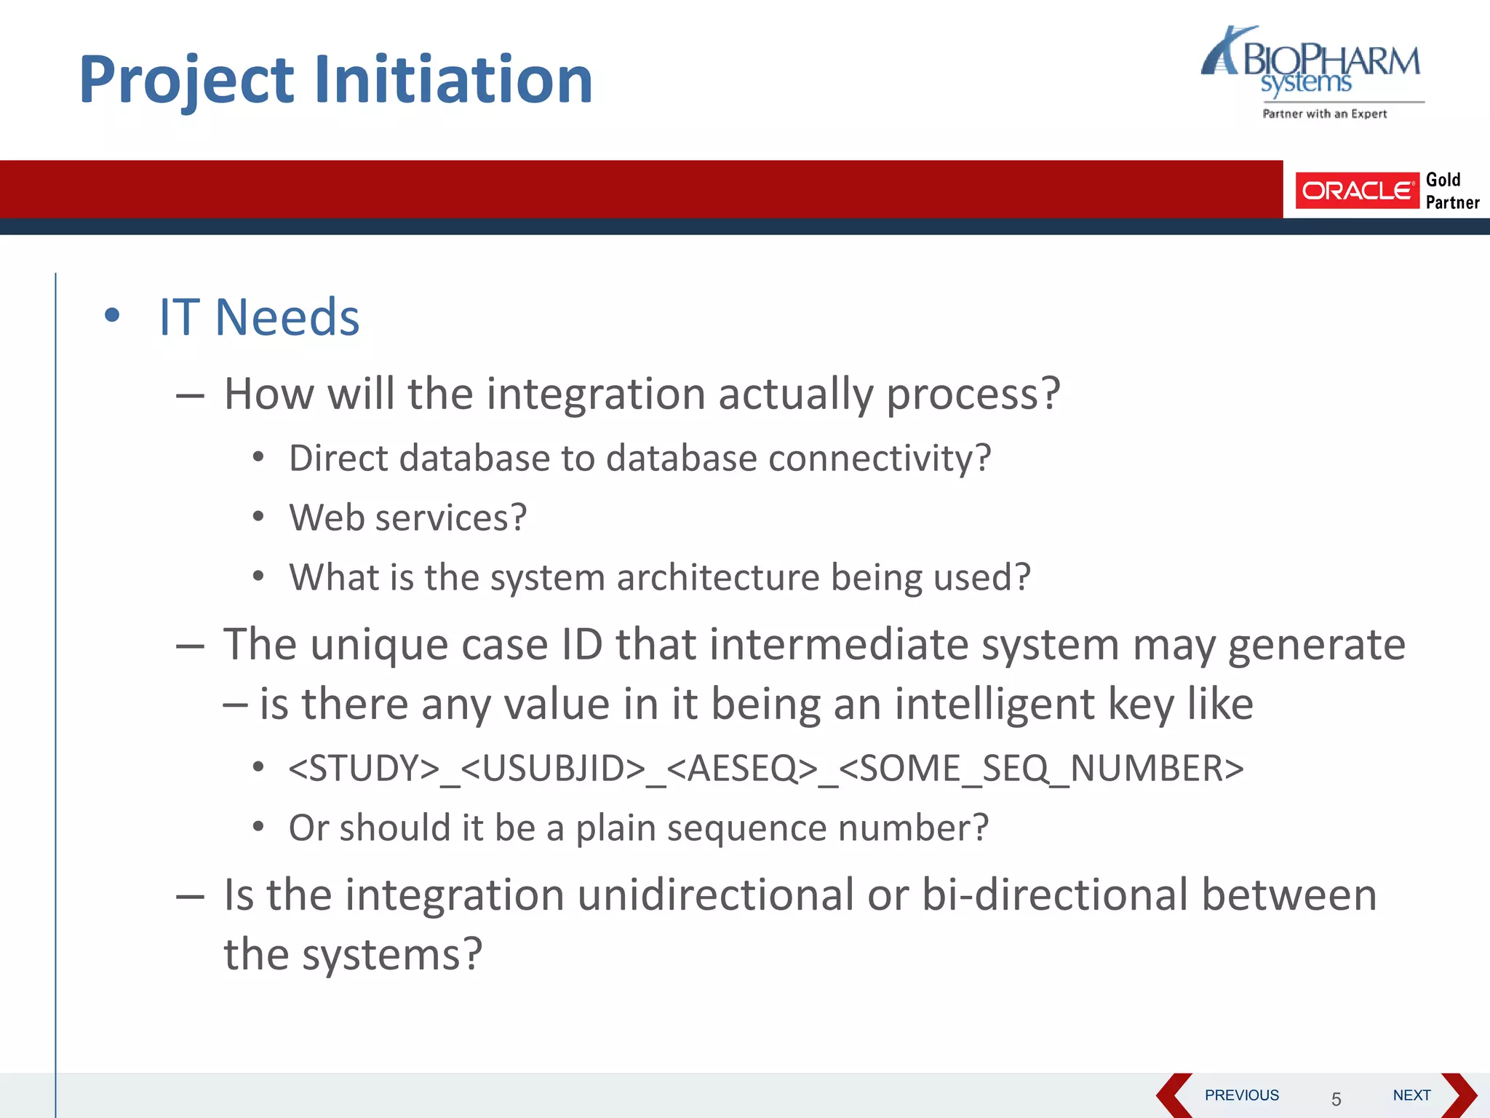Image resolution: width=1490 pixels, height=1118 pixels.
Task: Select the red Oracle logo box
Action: tap(1356, 191)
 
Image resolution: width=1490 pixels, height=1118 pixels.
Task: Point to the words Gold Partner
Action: tap(1451, 191)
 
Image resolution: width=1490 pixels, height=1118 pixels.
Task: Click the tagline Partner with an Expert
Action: tap(1324, 114)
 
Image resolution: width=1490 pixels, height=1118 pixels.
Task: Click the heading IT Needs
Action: tap(259, 317)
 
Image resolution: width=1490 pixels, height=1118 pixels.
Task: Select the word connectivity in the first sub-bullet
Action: tap(878, 459)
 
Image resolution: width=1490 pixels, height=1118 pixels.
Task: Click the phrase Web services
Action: tap(407, 518)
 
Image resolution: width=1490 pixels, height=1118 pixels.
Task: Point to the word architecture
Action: tap(717, 577)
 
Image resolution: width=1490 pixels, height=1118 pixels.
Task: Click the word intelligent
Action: tap(994, 704)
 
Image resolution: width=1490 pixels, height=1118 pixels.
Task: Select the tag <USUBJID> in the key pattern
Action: tap(553, 769)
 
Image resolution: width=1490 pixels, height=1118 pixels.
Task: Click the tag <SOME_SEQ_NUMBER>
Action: tap(1041, 769)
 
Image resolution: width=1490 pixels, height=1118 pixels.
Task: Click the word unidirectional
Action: tap(715, 895)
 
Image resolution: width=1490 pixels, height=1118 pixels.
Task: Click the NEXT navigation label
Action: tap(1411, 1095)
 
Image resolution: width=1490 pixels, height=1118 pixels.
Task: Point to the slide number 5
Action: tap(1336, 1099)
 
